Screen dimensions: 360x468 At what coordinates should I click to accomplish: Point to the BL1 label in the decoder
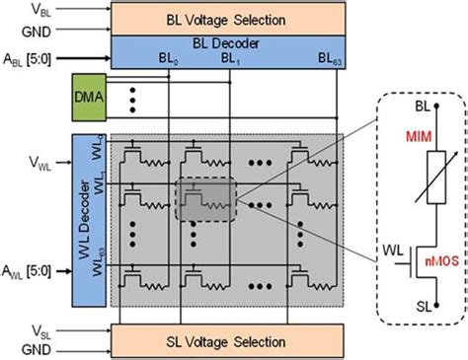pyautogui.click(x=230, y=59)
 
